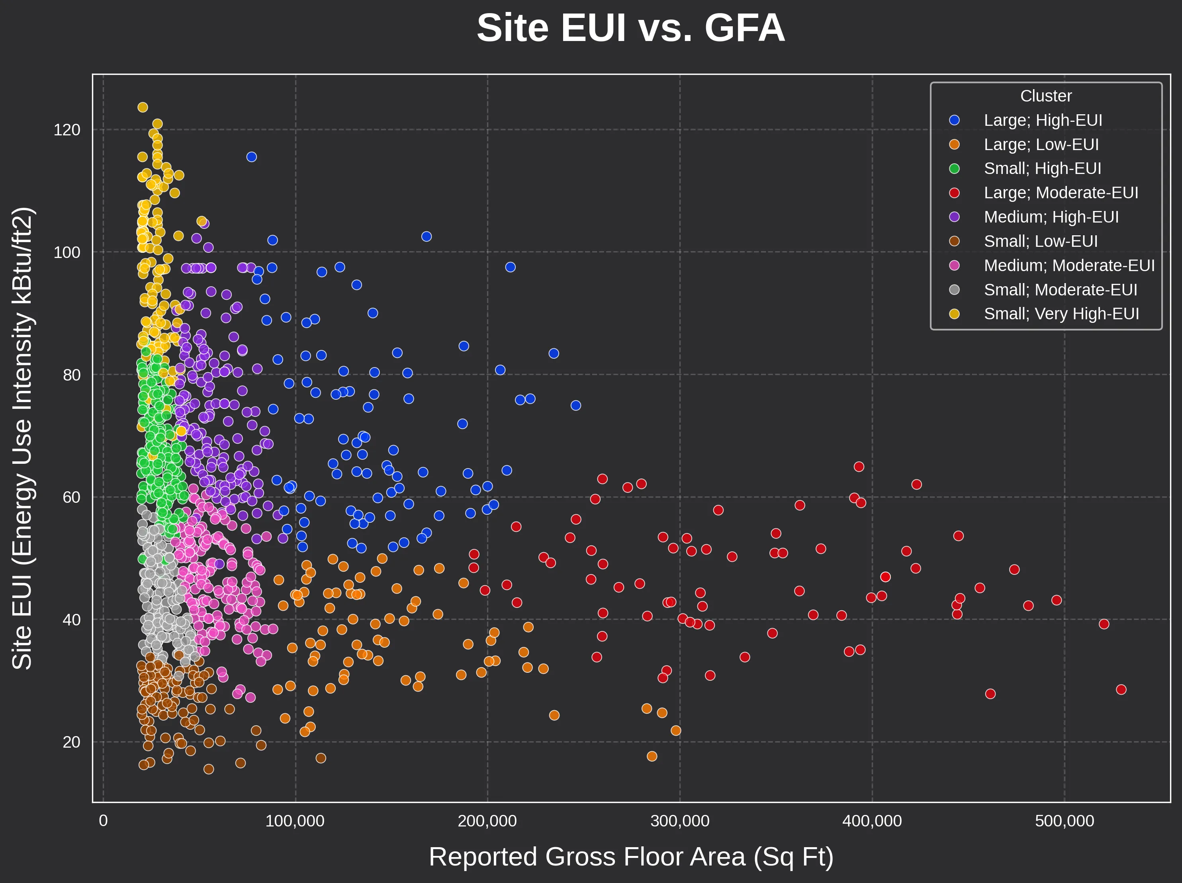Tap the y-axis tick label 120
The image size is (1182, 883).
pyautogui.click(x=67, y=130)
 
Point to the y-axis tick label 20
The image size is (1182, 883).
pyautogui.click(x=71, y=742)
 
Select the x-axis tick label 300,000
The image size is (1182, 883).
pyautogui.click(x=680, y=821)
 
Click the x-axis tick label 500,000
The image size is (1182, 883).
pyautogui.click(x=1065, y=821)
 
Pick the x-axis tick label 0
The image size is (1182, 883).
pyautogui.click(x=103, y=821)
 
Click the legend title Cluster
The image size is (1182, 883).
pyautogui.click(x=1046, y=96)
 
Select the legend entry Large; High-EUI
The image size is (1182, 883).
pyautogui.click(x=1043, y=120)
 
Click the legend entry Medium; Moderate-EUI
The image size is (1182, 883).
pyautogui.click(x=1069, y=266)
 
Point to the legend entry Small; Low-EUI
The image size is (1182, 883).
pyautogui.click(x=1040, y=241)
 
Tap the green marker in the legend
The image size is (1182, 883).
pyautogui.click(x=954, y=169)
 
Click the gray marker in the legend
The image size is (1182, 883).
pyautogui.click(x=954, y=289)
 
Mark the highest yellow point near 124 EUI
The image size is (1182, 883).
pyautogui.click(x=143, y=107)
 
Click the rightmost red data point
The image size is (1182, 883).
pyautogui.click(x=1121, y=690)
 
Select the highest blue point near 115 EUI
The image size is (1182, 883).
pyautogui.click(x=252, y=157)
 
